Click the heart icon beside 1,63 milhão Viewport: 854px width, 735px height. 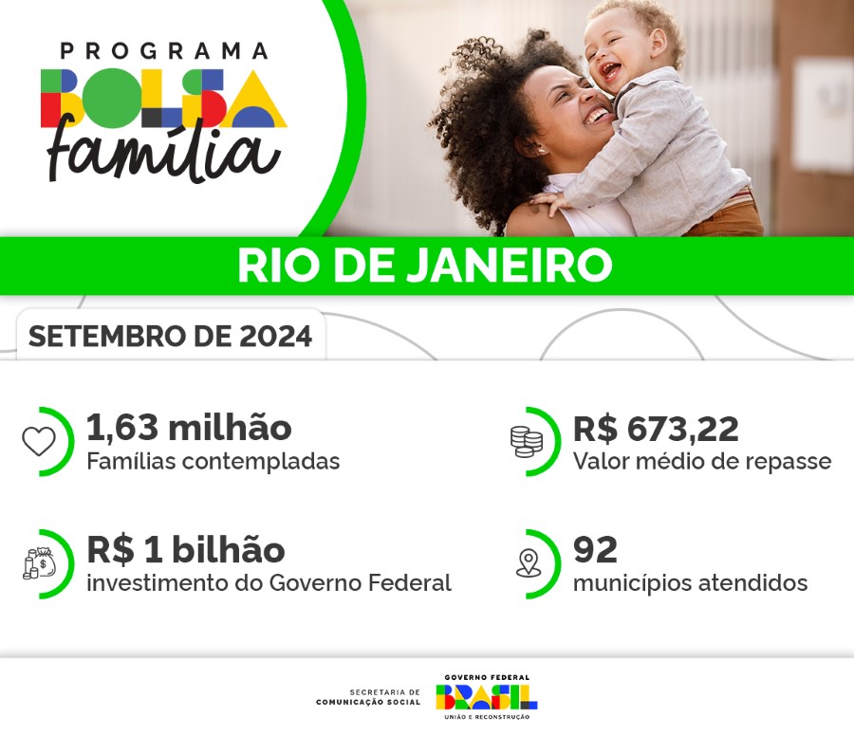(x=39, y=441)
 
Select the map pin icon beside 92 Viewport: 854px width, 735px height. (x=528, y=563)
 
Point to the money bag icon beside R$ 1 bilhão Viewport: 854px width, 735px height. (x=39, y=563)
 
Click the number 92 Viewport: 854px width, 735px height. (x=595, y=550)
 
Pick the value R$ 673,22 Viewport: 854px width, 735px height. (x=656, y=429)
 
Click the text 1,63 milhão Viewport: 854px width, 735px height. (x=189, y=429)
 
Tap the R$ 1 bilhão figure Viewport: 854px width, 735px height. (x=186, y=550)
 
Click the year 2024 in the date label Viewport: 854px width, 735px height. (x=276, y=337)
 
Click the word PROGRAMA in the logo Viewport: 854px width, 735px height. (x=164, y=50)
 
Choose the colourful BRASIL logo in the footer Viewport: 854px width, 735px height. (x=486, y=697)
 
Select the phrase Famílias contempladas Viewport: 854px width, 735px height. (x=213, y=462)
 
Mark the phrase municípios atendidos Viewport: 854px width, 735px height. (x=690, y=582)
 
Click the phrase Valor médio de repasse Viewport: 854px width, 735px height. (x=701, y=462)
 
